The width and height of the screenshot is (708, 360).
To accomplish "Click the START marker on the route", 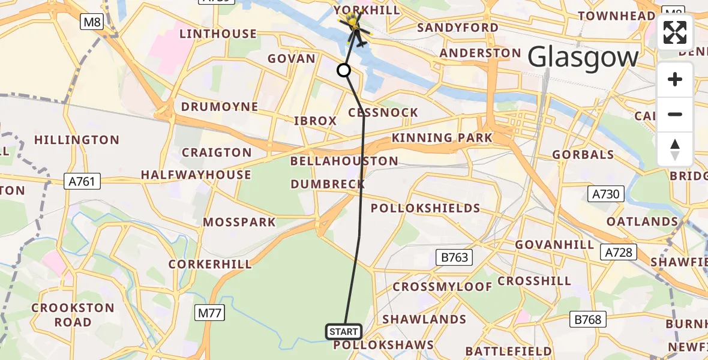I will click(x=344, y=331).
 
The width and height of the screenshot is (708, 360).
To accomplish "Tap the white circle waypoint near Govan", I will click(x=344, y=71).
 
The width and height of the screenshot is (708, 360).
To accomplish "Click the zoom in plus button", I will click(x=675, y=80).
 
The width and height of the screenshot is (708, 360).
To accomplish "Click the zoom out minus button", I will click(x=675, y=114).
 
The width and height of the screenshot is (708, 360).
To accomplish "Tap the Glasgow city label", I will click(x=583, y=58).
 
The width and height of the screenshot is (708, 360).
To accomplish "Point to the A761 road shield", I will click(x=82, y=181).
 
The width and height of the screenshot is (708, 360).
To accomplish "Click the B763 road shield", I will click(x=454, y=258).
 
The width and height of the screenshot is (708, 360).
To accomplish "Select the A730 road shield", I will click(x=607, y=194).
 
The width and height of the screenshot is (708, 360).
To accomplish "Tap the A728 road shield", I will click(x=619, y=252).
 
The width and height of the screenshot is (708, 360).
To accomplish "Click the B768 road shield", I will click(x=587, y=320).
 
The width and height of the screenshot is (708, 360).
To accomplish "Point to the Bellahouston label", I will click(x=344, y=161).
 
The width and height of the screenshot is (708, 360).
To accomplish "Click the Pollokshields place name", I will click(x=425, y=208).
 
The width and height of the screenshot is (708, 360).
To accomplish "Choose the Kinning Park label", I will click(x=442, y=138).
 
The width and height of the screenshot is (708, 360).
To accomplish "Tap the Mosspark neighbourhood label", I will click(x=239, y=222).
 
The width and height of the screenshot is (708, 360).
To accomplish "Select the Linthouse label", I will click(x=218, y=34).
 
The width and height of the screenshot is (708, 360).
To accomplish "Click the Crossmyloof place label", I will click(x=442, y=287).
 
